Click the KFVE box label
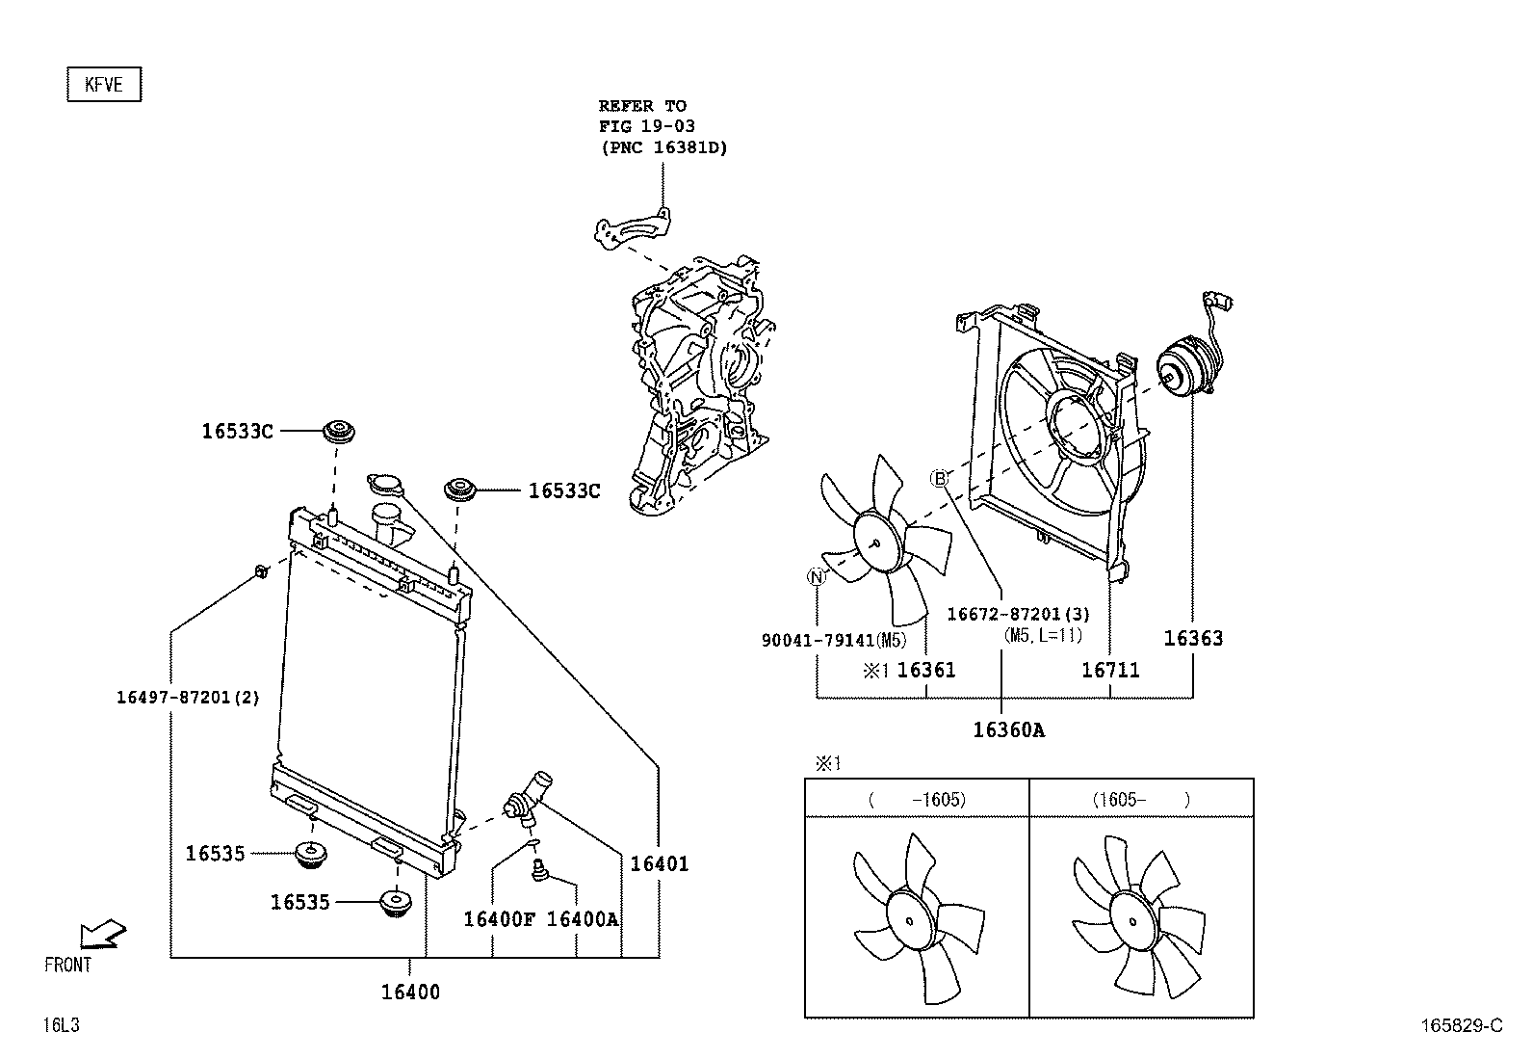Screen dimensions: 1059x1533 [x=104, y=85]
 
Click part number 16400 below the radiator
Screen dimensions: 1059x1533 [x=410, y=992]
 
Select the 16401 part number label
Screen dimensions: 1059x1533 [x=660, y=864]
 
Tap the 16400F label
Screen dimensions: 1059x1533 [x=499, y=919]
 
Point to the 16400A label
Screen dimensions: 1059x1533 [x=583, y=919]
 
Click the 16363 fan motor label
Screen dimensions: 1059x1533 [x=1193, y=638]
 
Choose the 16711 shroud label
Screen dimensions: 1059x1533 [x=1110, y=670]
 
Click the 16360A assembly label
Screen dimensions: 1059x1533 [x=1008, y=729]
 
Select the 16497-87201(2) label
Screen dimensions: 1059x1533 [x=188, y=698]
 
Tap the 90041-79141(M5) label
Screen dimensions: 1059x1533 [x=834, y=640]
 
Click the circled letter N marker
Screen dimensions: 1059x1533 [x=817, y=577]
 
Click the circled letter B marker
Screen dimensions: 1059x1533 [x=939, y=479]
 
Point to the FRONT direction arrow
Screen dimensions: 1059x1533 [x=102, y=933]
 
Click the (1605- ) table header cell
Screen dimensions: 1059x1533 [x=1141, y=799]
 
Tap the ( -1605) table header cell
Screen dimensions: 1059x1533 [x=917, y=799]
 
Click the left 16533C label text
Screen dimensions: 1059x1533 [x=237, y=432]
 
